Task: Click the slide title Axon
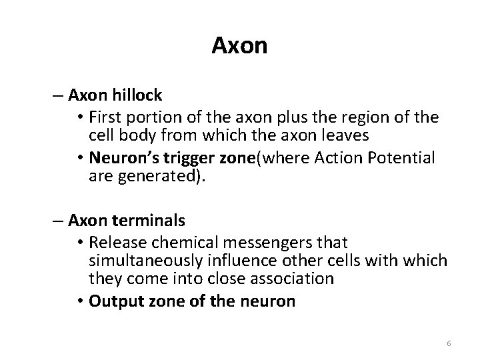click(x=239, y=46)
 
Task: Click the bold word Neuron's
click(x=117, y=159)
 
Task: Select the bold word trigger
click(x=175, y=159)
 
